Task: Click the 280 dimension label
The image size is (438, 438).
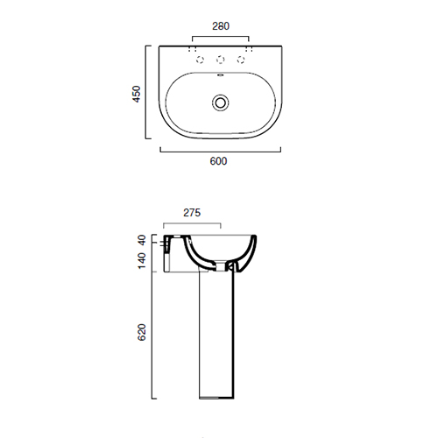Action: pyautogui.click(x=221, y=26)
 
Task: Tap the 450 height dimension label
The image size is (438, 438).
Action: pyautogui.click(x=137, y=94)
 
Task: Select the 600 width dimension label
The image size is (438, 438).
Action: pyautogui.click(x=218, y=161)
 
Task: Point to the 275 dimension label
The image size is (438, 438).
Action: pyautogui.click(x=192, y=213)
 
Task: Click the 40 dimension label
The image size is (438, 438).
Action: pyautogui.click(x=142, y=240)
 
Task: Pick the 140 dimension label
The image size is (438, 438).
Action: pyautogui.click(x=142, y=261)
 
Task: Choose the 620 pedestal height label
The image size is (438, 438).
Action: pyautogui.click(x=142, y=332)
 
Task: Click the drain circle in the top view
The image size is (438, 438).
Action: pyautogui.click(x=221, y=102)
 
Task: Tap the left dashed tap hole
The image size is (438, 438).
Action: pyautogui.click(x=200, y=60)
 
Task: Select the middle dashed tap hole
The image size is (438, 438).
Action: pyautogui.click(x=221, y=60)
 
